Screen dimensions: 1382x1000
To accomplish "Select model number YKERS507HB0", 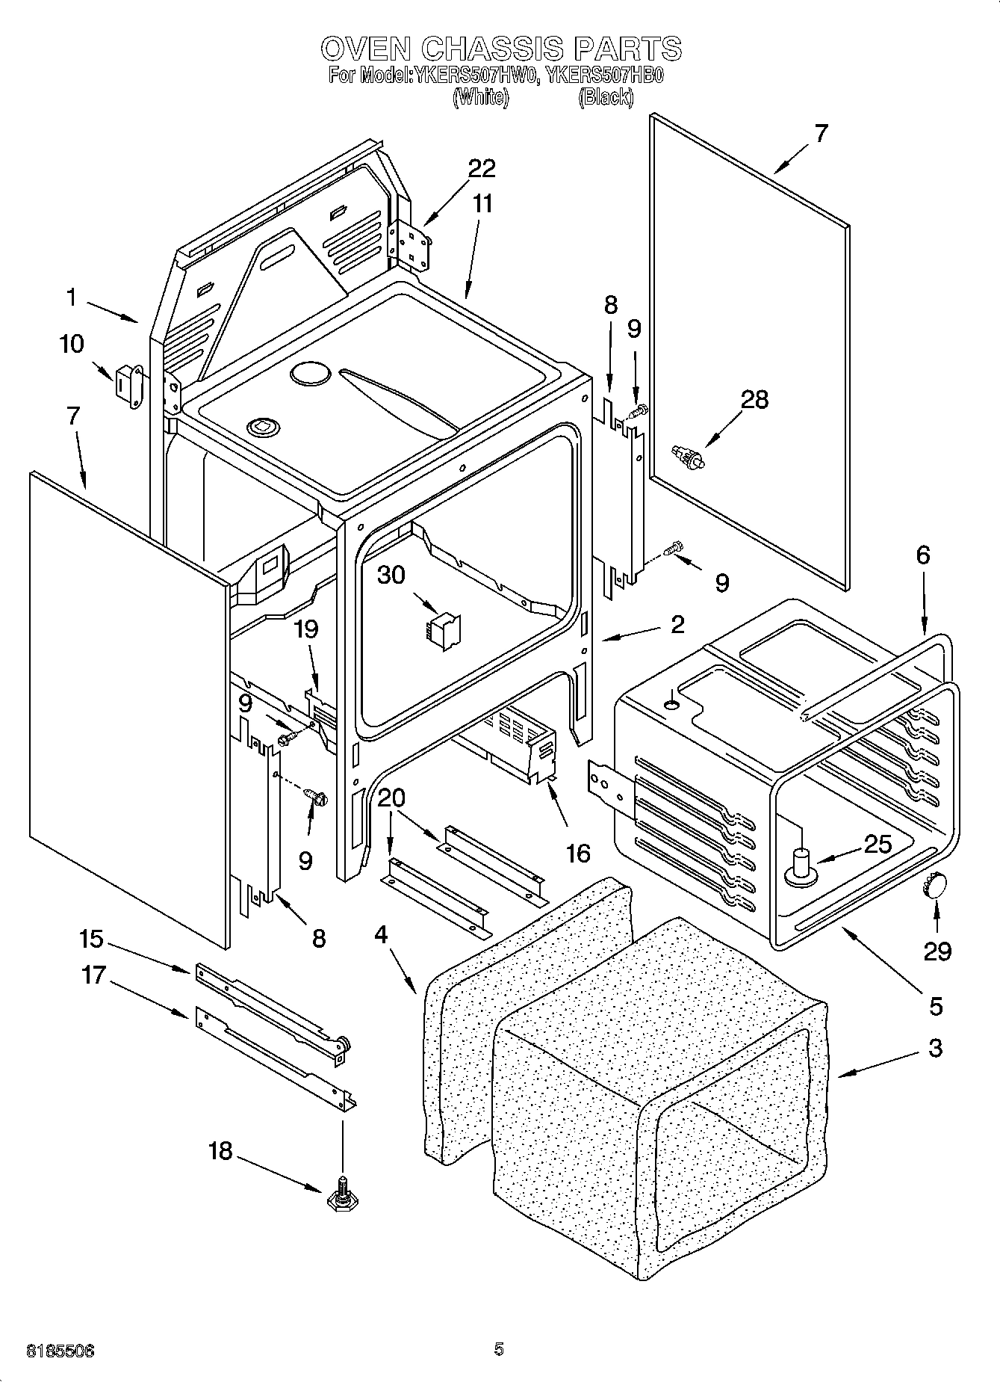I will (605, 76).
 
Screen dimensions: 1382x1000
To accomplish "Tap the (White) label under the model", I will (480, 97).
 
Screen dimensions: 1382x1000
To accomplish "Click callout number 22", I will (482, 169).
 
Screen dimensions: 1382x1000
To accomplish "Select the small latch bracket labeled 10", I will (128, 386).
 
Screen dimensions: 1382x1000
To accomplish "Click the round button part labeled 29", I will (934, 886).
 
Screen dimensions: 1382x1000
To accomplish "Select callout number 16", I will (578, 853).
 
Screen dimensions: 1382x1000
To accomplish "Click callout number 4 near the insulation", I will (382, 935).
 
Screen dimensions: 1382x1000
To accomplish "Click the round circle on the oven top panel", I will (308, 373).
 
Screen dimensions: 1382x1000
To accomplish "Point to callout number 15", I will (93, 939).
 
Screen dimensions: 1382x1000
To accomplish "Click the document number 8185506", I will (60, 1351).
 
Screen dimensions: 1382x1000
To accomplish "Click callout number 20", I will (391, 799).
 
